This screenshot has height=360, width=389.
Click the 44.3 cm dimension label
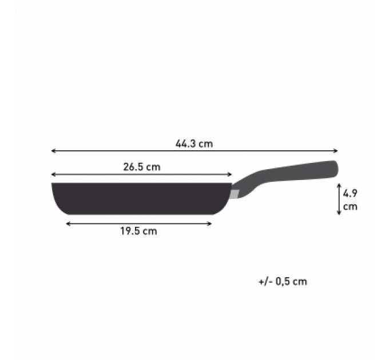click(x=194, y=143)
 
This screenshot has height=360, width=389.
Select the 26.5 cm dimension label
click(x=142, y=167)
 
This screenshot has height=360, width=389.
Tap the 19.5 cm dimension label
click(x=138, y=231)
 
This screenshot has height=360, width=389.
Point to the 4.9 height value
click(x=350, y=193)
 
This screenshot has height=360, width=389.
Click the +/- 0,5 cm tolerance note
click(x=283, y=282)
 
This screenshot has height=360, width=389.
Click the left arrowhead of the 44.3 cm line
click(x=53, y=151)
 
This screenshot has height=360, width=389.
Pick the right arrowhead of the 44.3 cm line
click(x=336, y=151)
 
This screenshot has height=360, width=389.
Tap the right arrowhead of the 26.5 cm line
click(x=230, y=174)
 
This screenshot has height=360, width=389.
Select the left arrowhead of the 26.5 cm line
click(x=53, y=174)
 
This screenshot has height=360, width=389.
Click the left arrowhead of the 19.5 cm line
click(x=68, y=224)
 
